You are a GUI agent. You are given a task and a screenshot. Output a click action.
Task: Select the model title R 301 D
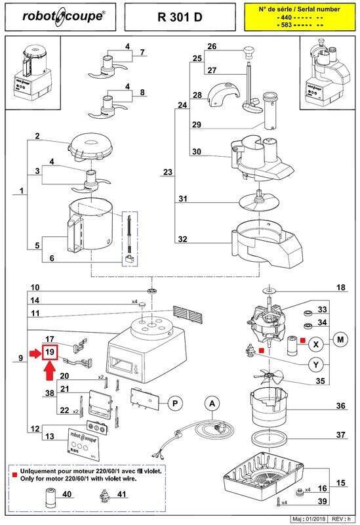point(179,17)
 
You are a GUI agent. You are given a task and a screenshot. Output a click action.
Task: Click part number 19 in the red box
point(49,352)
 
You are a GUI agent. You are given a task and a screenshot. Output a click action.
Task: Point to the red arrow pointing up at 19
point(50,372)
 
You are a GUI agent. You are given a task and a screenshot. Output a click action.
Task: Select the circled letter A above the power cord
point(210,404)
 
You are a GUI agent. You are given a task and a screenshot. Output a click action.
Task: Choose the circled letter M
point(340,339)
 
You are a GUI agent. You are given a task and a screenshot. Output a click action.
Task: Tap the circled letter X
point(316,343)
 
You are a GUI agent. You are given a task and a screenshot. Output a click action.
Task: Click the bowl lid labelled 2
point(89,145)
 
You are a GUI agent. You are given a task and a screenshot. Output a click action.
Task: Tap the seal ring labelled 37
point(266,436)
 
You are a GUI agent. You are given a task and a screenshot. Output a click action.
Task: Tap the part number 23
point(168,173)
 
